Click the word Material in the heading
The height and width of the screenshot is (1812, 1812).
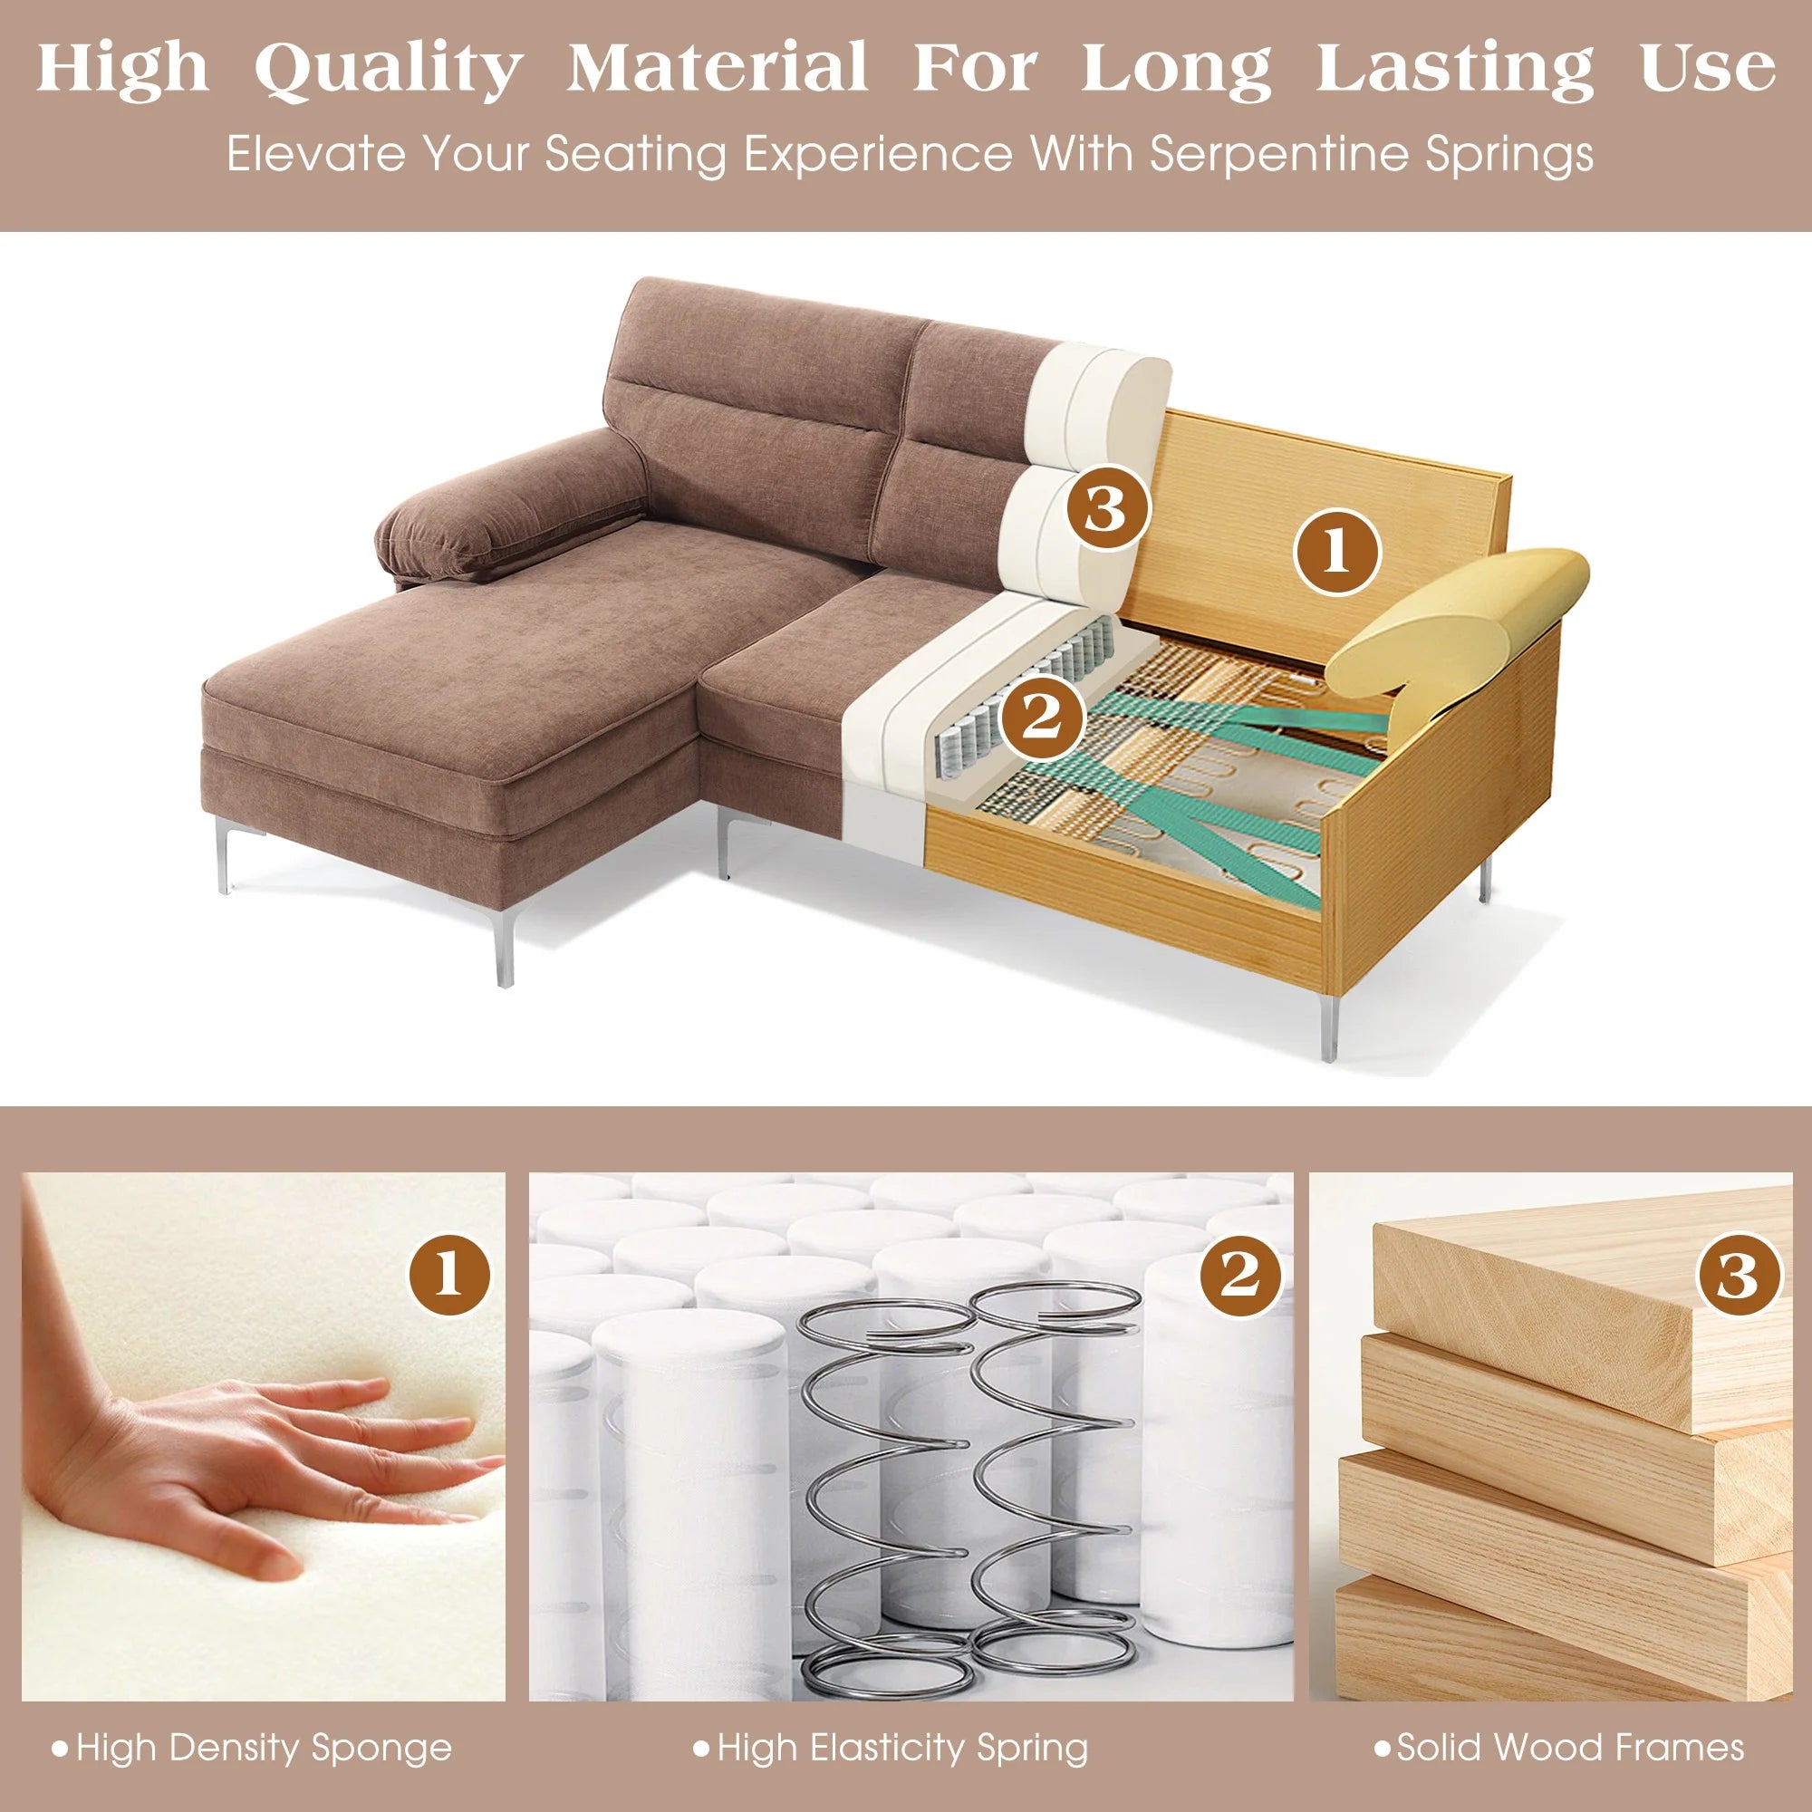718,68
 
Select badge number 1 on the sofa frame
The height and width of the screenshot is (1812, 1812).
1336,553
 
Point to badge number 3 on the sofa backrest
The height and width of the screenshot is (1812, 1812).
1107,509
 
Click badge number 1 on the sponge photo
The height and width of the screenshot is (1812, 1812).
449,1276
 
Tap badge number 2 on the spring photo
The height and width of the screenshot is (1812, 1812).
1241,1276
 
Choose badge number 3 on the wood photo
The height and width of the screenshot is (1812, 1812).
1738,1276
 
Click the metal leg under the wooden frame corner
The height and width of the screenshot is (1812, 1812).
1329,1028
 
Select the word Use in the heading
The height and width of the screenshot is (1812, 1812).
1707,68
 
